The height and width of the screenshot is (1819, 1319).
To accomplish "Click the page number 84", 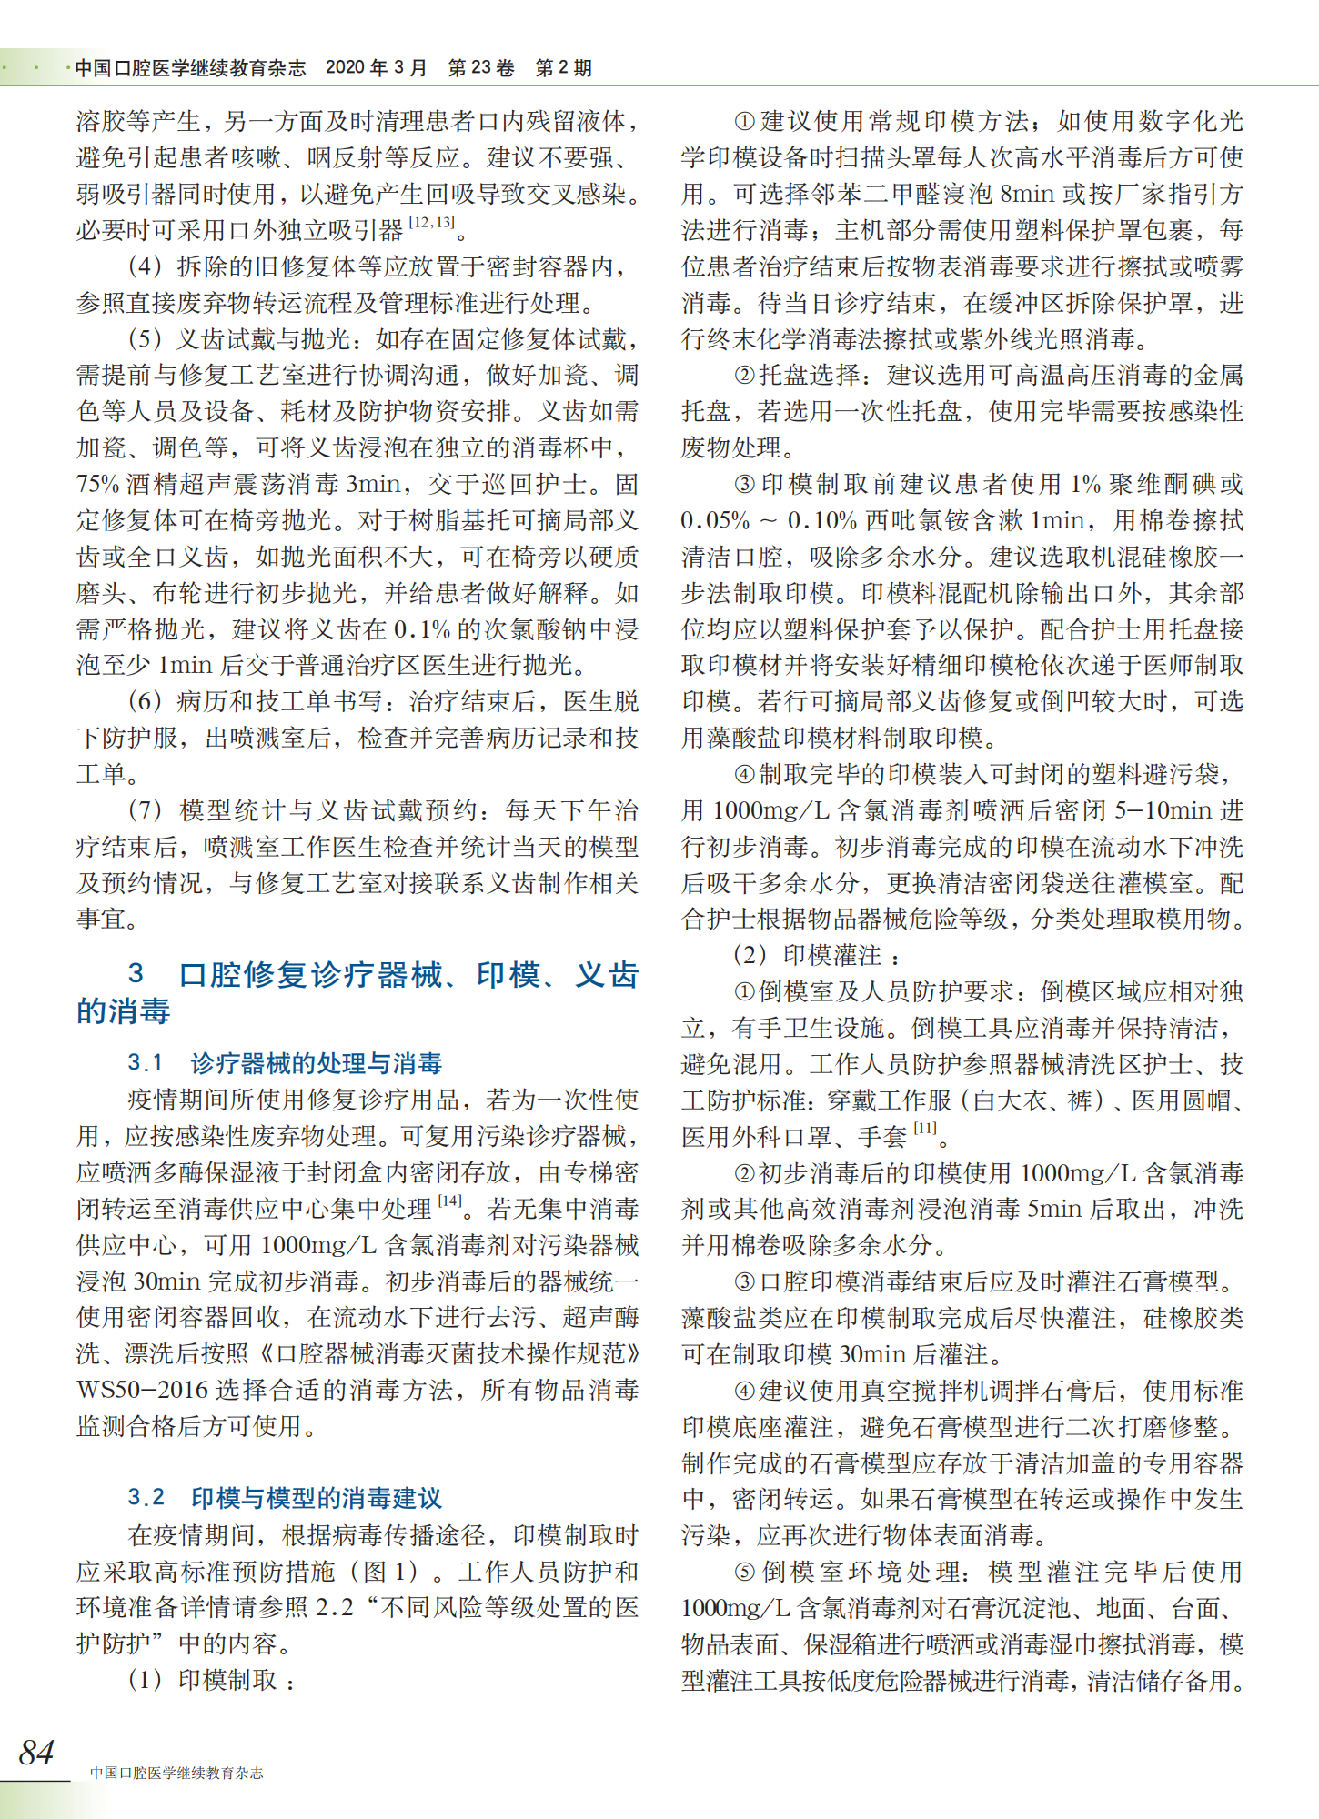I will click(x=36, y=1752).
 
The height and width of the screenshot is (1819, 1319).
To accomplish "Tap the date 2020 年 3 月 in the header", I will click(x=376, y=68).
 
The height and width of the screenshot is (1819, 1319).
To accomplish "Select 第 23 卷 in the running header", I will click(x=481, y=68).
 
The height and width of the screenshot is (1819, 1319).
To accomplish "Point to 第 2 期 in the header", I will click(x=563, y=68).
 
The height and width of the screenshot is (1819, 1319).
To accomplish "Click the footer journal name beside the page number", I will click(x=176, y=1773).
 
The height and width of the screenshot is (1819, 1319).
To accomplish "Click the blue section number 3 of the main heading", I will click(x=136, y=974).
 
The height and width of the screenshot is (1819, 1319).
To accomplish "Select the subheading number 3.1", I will click(x=146, y=1062).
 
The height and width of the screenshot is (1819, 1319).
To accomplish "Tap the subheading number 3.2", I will click(x=146, y=1497).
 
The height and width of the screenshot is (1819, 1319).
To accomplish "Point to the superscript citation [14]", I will click(x=450, y=1201).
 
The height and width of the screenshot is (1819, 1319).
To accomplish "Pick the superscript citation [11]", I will click(x=925, y=1129).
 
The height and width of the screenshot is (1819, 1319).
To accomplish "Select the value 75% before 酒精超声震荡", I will click(x=97, y=484).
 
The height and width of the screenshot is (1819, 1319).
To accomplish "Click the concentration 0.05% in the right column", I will click(x=715, y=520).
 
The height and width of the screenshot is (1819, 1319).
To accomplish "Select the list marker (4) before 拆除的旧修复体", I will click(x=146, y=266).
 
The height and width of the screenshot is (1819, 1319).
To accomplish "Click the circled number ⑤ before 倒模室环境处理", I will click(x=745, y=1572).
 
